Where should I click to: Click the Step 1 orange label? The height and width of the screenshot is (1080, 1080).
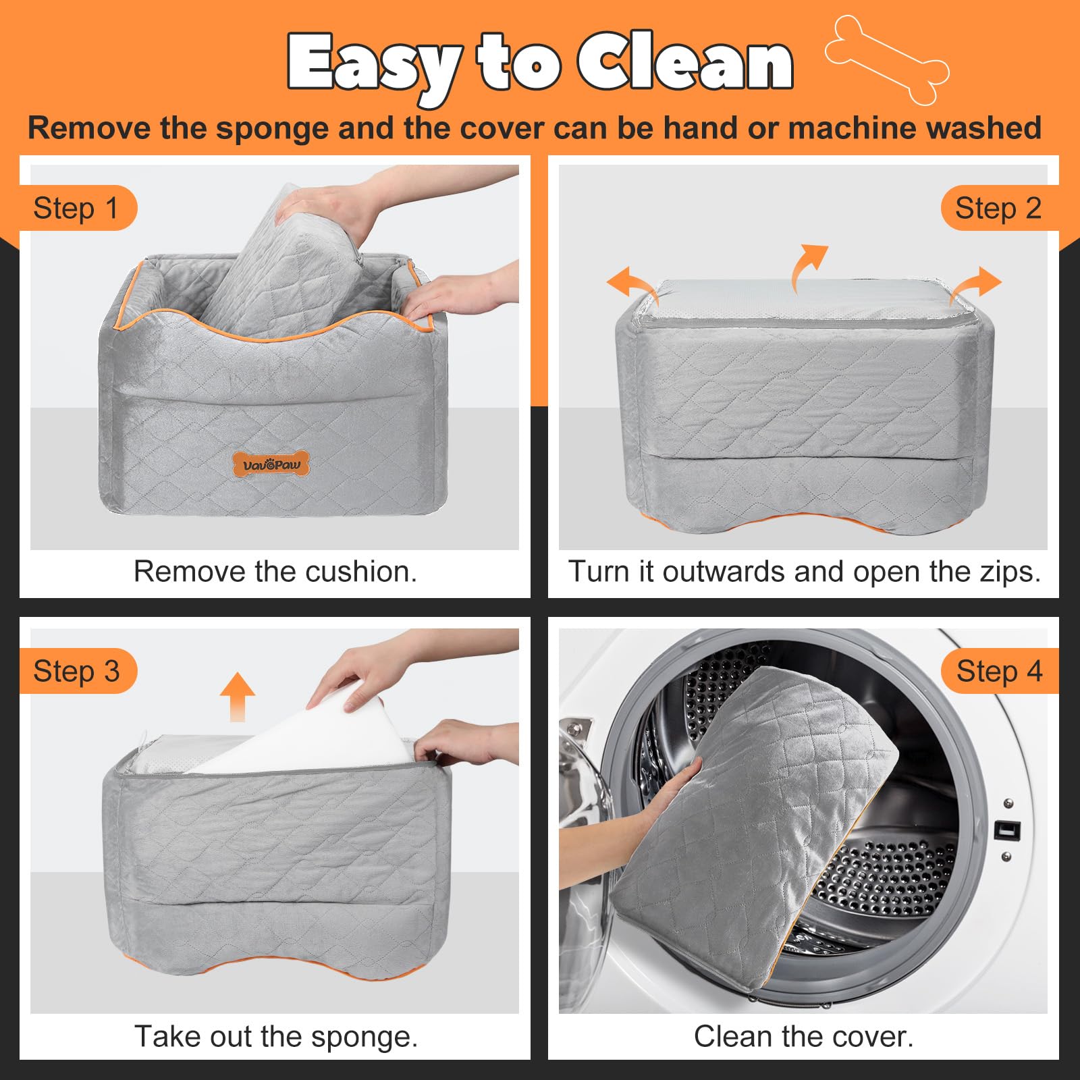76,208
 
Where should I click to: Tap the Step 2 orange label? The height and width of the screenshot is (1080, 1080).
998,208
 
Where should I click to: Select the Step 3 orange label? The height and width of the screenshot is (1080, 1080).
76,671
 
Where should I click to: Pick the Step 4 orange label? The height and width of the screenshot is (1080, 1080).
999,671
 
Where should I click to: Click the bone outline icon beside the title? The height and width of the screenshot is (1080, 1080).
887,59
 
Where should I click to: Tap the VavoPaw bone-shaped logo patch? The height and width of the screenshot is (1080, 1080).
271,464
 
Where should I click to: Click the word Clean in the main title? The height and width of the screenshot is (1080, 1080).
684,62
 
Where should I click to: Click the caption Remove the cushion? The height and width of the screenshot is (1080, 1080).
275,572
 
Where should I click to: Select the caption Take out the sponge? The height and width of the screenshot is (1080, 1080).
276,1036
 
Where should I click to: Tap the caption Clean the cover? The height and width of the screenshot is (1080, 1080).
803,1036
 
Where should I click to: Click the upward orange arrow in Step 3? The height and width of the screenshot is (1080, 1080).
238,695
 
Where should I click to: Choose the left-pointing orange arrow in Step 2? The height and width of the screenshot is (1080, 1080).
630,283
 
